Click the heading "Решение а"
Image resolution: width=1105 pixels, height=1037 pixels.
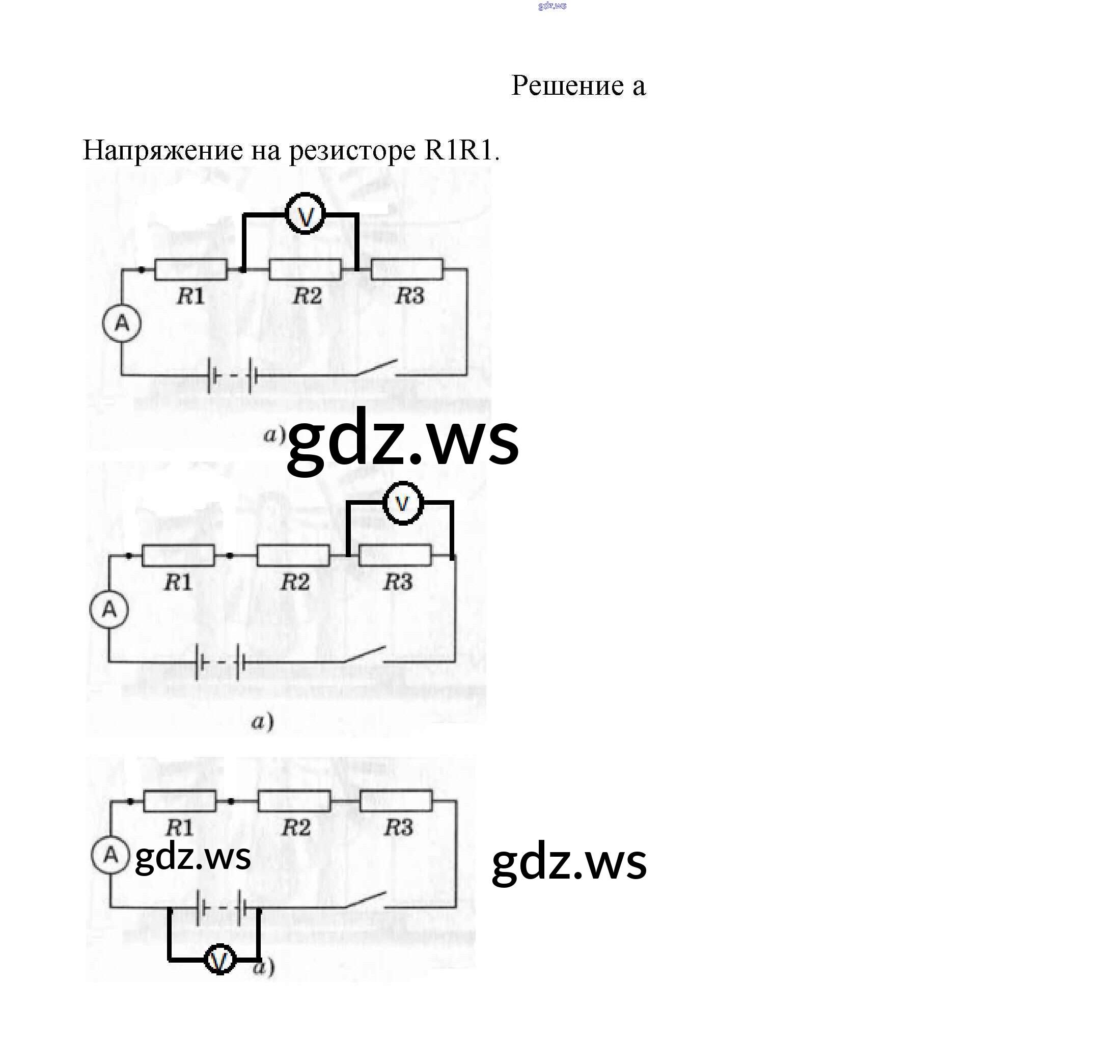(x=578, y=86)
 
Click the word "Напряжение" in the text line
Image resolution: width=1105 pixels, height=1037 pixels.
(x=162, y=150)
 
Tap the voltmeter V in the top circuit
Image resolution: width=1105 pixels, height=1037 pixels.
(x=305, y=214)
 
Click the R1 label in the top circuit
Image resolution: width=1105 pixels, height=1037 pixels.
(x=190, y=296)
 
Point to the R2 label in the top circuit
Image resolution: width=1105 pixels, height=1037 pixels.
(x=308, y=296)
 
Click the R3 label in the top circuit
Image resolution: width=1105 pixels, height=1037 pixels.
(x=409, y=296)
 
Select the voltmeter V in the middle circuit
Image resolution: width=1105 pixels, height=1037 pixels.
(x=402, y=503)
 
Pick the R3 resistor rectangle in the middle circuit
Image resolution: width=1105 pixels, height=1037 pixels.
(x=395, y=556)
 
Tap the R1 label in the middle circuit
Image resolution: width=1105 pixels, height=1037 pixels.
(x=178, y=582)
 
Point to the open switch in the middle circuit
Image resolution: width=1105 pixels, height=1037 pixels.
(x=364, y=654)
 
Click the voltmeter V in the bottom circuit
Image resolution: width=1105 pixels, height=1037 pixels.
(x=220, y=959)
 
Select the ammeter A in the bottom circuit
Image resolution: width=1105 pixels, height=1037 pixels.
(x=110, y=855)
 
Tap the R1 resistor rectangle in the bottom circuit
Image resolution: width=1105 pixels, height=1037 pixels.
(x=180, y=801)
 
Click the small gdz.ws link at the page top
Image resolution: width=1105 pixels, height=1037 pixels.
(x=552, y=6)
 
